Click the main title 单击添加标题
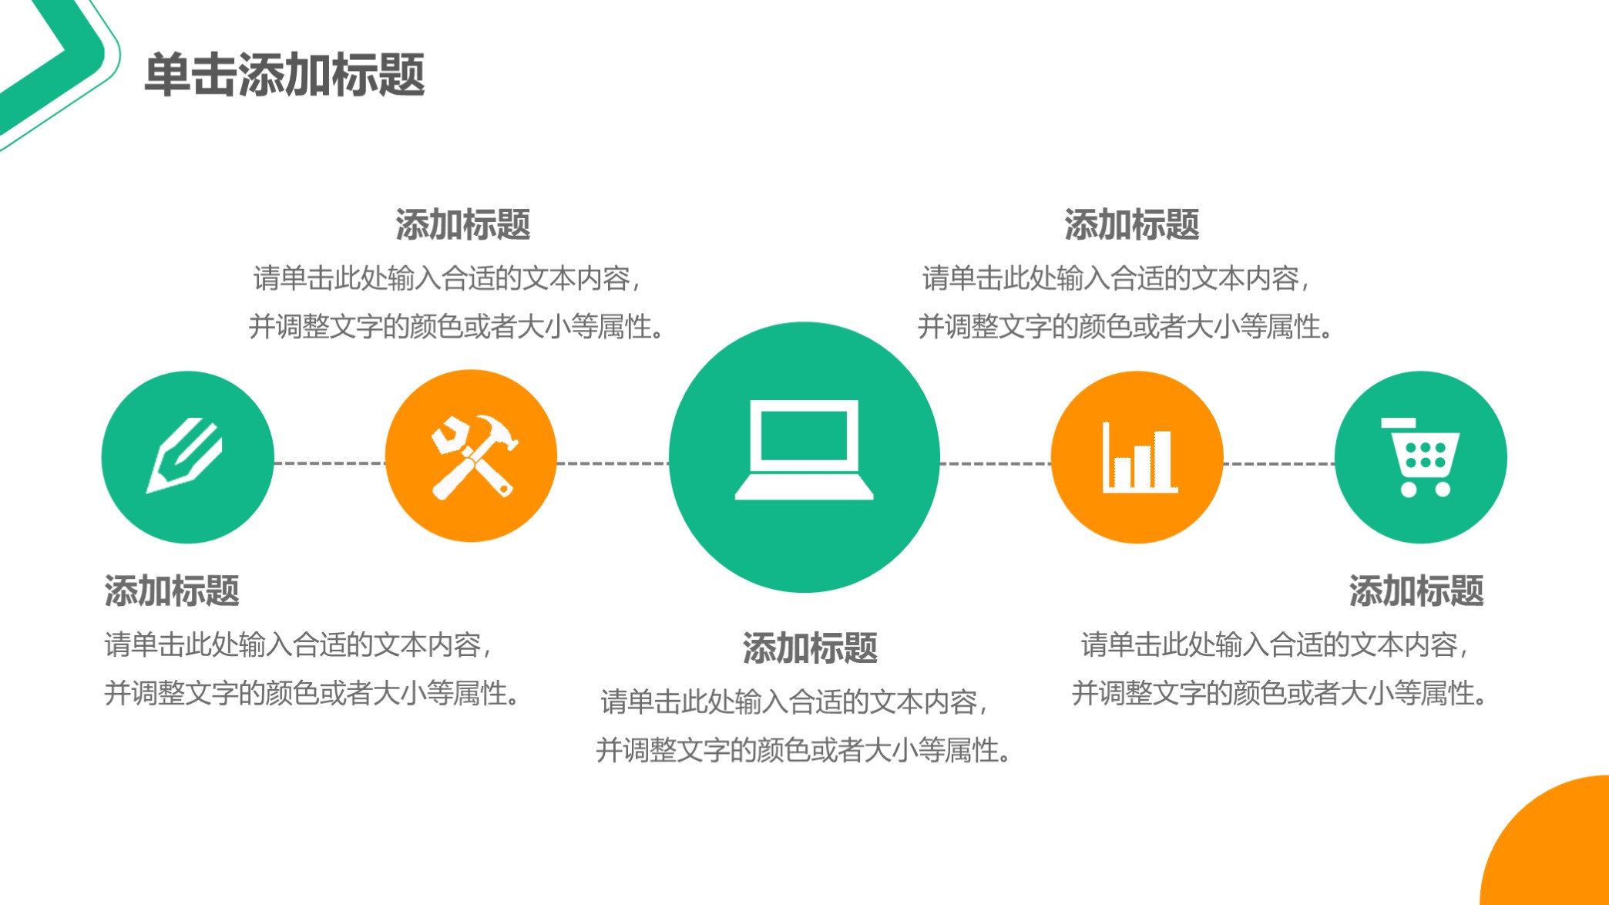(x=284, y=76)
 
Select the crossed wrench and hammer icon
(x=472, y=456)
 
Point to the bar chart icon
(x=1139, y=458)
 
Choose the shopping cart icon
(x=1422, y=458)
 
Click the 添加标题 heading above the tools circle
(x=462, y=224)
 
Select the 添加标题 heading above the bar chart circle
(x=1131, y=224)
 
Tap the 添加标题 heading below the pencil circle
(x=172, y=590)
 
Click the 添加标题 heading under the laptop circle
(x=810, y=648)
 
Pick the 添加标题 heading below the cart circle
(x=1416, y=590)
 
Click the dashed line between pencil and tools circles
(x=329, y=463)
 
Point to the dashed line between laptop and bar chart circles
(x=995, y=464)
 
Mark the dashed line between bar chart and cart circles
(x=1279, y=464)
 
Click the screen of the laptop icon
(x=804, y=436)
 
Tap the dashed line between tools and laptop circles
(x=613, y=463)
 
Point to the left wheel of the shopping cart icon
(x=1408, y=490)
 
